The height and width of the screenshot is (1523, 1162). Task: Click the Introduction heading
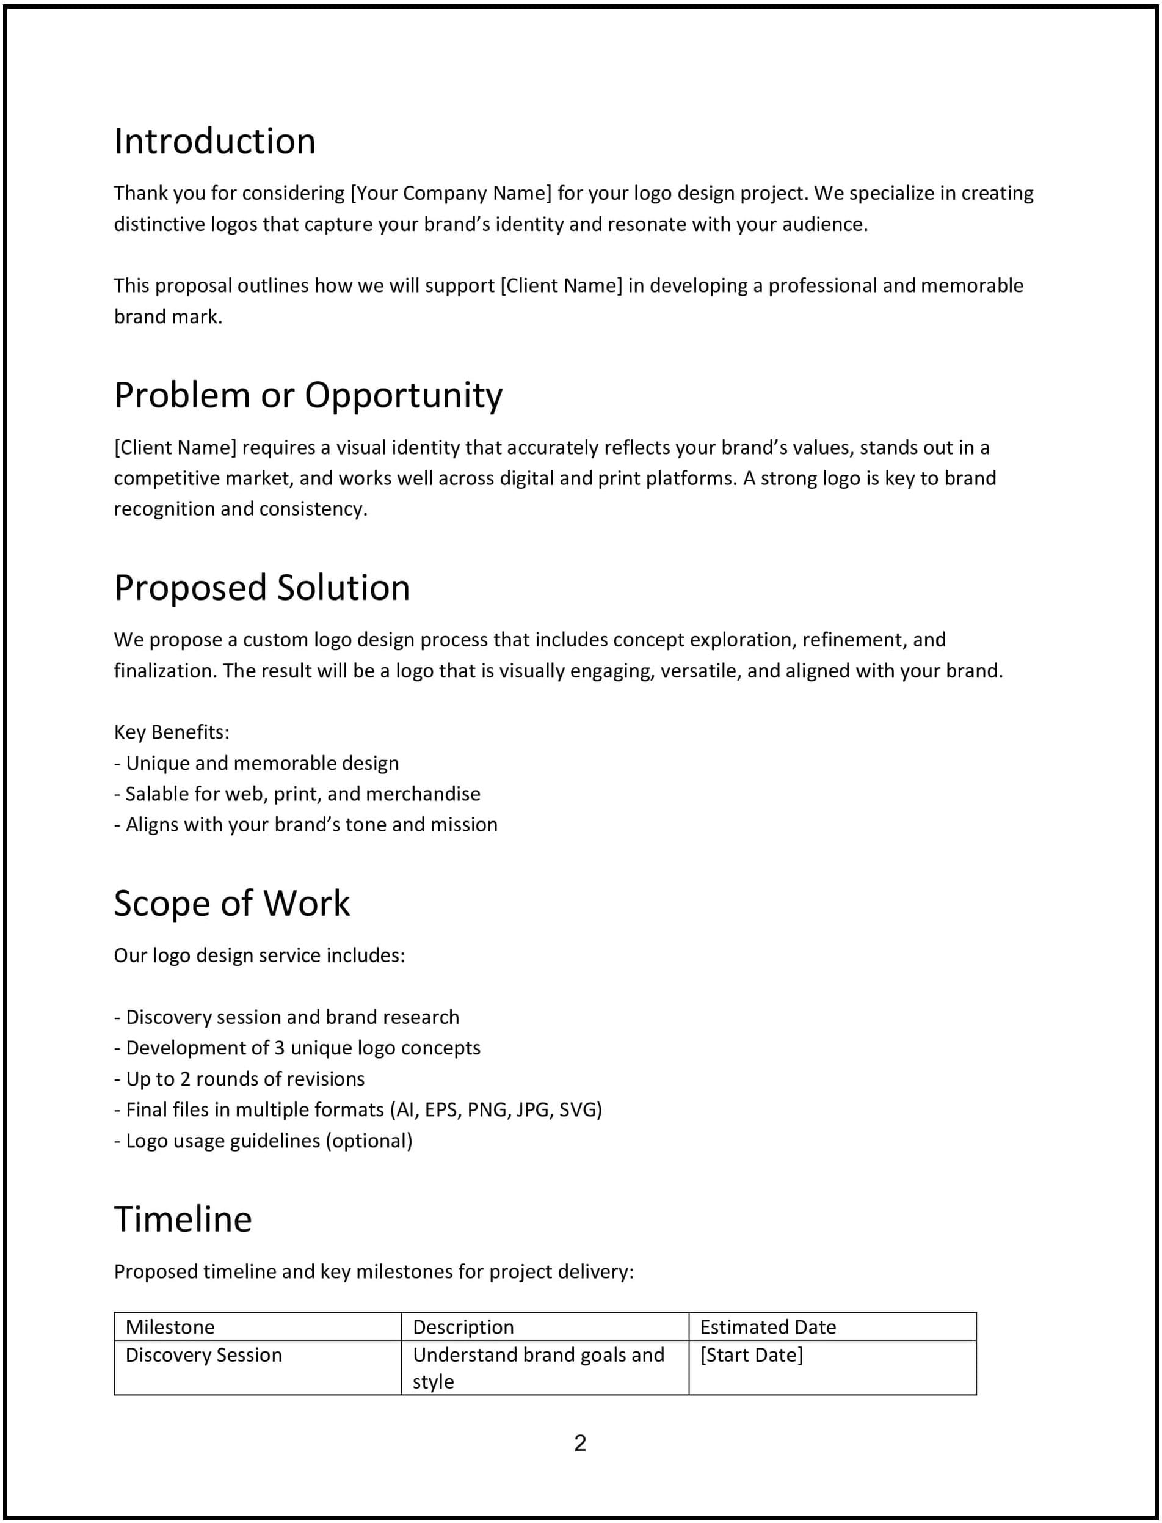point(214,142)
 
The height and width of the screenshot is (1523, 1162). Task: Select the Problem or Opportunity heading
point(308,396)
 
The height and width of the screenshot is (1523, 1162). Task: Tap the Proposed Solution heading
point(261,588)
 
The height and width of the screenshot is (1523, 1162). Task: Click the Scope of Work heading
point(231,904)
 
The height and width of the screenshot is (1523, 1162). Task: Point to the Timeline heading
point(183,1219)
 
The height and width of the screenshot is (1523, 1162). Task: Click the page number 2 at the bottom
point(579,1443)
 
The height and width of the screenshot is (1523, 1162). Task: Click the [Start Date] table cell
point(751,1354)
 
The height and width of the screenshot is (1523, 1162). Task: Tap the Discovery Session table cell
point(203,1354)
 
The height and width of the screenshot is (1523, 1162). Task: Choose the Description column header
point(463,1326)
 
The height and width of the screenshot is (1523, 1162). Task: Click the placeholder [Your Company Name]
point(451,193)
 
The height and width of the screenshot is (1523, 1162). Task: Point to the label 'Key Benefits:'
point(172,732)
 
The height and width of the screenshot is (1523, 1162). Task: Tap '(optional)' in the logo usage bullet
point(369,1141)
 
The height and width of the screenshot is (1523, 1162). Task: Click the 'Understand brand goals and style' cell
point(538,1367)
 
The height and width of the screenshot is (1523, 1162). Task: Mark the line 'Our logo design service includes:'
point(260,955)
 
